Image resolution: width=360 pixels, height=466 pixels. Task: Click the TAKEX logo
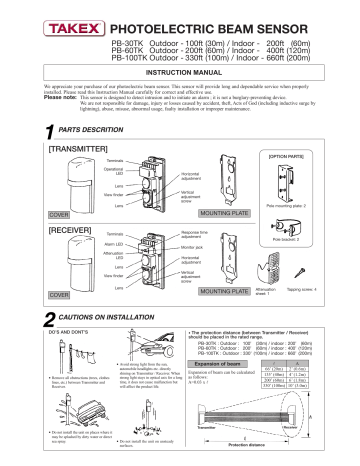pos(42,17)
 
